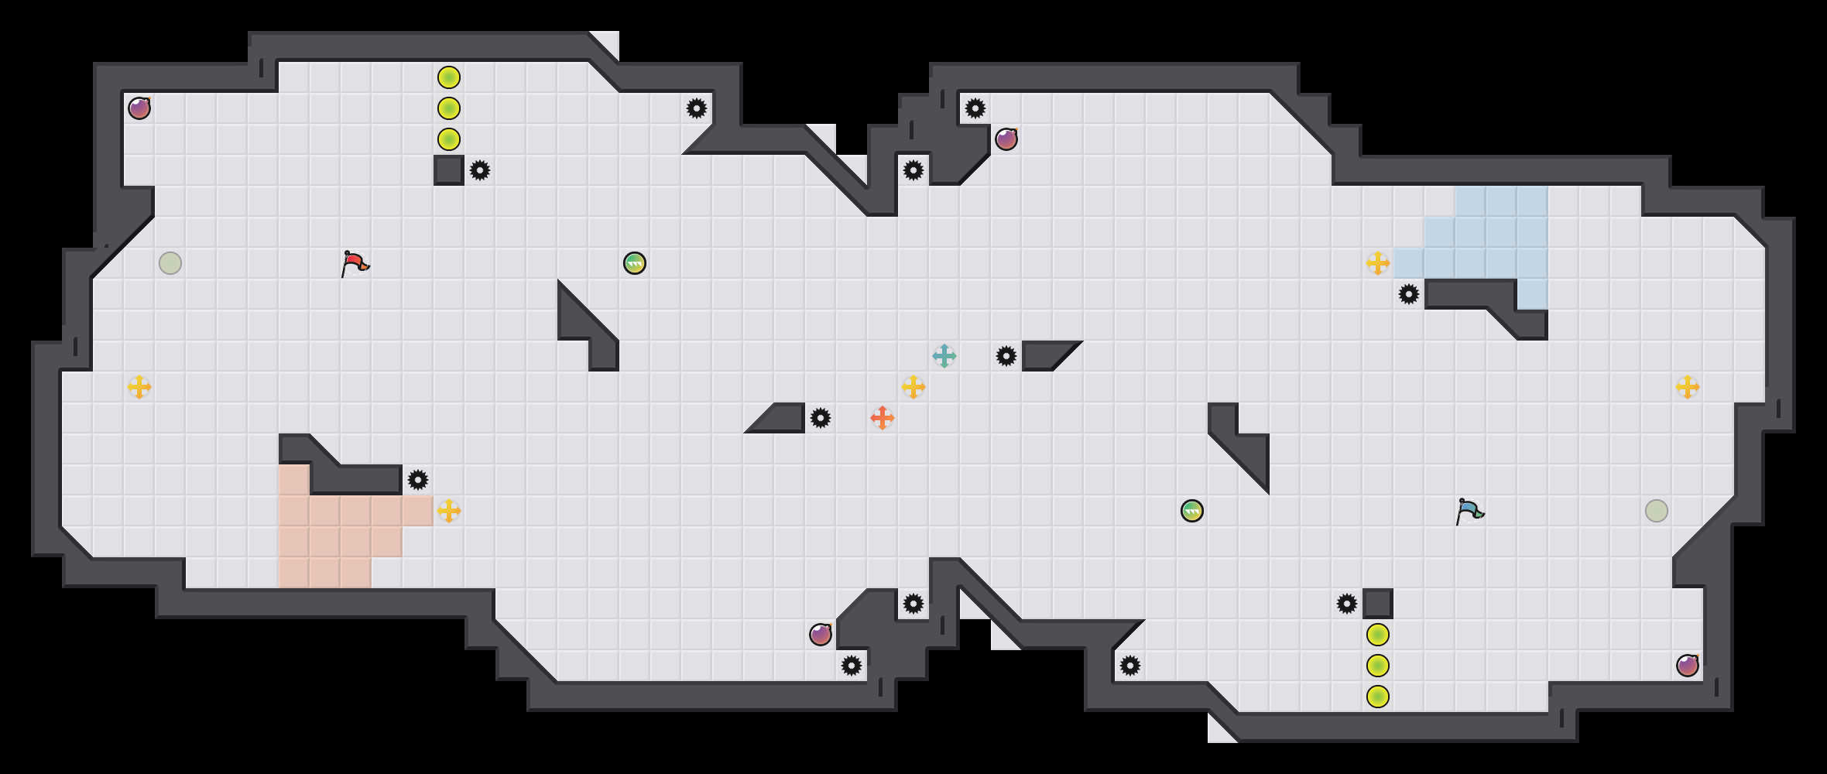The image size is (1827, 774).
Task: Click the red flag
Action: click(x=355, y=263)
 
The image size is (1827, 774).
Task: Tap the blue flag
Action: click(x=1469, y=511)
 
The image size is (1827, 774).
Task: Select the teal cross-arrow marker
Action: click(x=944, y=356)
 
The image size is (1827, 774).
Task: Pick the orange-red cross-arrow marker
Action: click(x=882, y=418)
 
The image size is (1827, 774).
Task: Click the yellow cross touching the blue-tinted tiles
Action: click(x=1377, y=263)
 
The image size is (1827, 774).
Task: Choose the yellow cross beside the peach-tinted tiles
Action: click(x=448, y=511)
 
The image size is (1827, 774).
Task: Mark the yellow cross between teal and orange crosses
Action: click(x=913, y=387)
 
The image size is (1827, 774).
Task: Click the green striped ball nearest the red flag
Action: click(x=634, y=263)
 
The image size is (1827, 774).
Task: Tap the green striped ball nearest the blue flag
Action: click(x=1191, y=511)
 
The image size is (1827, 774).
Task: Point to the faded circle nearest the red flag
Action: click(x=170, y=263)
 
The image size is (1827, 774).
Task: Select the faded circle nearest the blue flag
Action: click(x=1656, y=511)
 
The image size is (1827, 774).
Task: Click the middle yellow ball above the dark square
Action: click(x=448, y=108)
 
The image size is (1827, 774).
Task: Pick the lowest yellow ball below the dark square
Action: click(x=1377, y=697)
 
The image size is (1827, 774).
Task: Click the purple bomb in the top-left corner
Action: click(x=139, y=108)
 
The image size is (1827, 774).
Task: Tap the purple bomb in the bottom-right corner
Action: click(x=1687, y=666)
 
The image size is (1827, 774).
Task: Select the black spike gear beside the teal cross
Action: click(x=1006, y=356)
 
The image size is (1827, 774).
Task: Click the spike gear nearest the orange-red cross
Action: click(x=820, y=418)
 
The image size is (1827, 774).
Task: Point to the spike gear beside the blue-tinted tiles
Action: click(x=1408, y=294)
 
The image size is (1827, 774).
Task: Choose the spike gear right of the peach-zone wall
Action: click(x=417, y=480)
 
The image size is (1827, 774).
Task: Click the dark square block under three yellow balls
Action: click(x=448, y=170)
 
